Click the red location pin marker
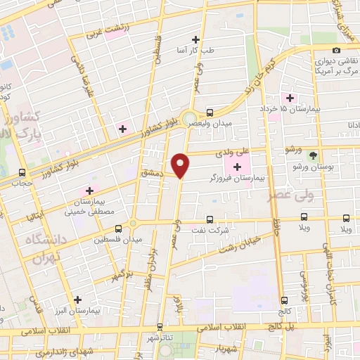(x=181, y=165)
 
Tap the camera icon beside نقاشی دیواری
(x=337, y=50)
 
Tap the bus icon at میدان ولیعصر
(x=210, y=112)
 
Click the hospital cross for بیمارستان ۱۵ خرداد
(x=288, y=97)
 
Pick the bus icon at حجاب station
(x=22, y=172)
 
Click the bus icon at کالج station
(x=283, y=299)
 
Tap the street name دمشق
(x=151, y=172)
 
